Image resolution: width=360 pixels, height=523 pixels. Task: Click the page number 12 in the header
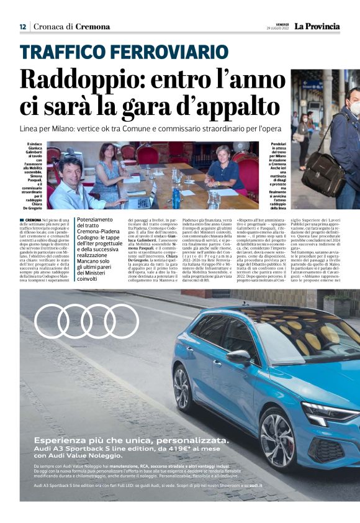click(x=22, y=27)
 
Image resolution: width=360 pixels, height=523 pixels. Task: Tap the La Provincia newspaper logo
click(x=317, y=26)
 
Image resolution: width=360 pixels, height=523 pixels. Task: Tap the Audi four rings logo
click(x=86, y=321)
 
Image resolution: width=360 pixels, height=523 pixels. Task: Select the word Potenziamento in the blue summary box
click(x=95, y=220)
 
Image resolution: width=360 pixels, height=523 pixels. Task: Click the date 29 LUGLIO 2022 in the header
click(x=273, y=29)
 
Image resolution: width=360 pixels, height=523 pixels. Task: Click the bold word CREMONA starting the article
click(x=34, y=220)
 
